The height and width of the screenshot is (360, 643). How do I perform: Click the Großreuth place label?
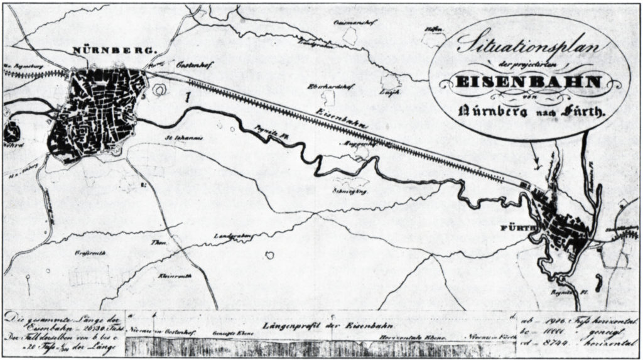point(84,254)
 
